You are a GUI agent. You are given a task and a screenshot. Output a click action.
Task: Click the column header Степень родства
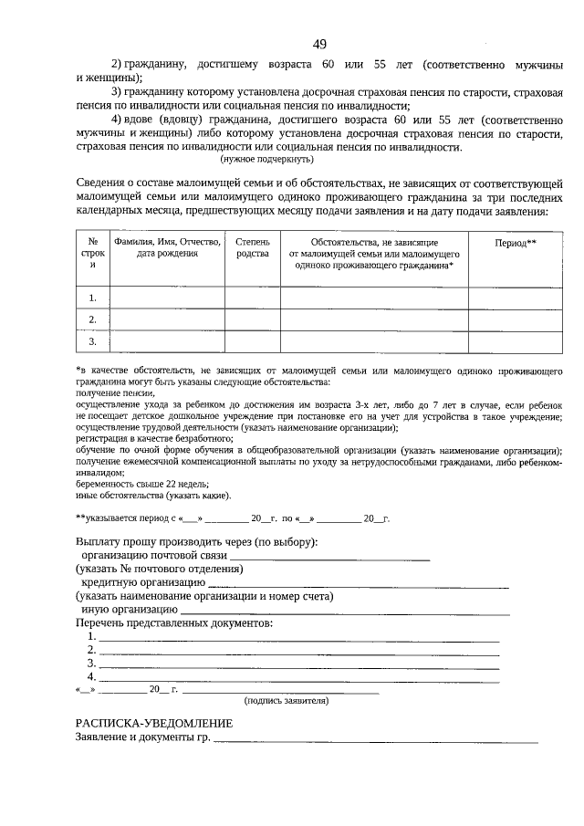click(x=253, y=247)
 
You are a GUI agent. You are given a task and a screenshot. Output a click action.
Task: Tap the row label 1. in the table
click(x=92, y=298)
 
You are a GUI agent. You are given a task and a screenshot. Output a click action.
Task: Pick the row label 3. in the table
click(x=92, y=341)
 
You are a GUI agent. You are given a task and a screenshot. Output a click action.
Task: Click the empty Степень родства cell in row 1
click(x=253, y=298)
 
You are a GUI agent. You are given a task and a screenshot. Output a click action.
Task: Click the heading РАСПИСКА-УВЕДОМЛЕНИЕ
click(x=153, y=723)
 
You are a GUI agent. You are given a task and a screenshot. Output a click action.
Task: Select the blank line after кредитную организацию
click(x=358, y=582)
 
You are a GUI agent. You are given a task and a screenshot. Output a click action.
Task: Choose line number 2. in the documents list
click(x=297, y=651)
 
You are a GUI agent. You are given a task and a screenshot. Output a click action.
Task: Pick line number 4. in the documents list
click(x=297, y=677)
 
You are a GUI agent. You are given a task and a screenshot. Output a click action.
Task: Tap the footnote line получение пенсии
click(x=115, y=392)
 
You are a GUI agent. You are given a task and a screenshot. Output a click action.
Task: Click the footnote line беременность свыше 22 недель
click(x=136, y=485)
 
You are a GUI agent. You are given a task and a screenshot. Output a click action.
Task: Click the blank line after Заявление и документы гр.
click(x=375, y=738)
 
